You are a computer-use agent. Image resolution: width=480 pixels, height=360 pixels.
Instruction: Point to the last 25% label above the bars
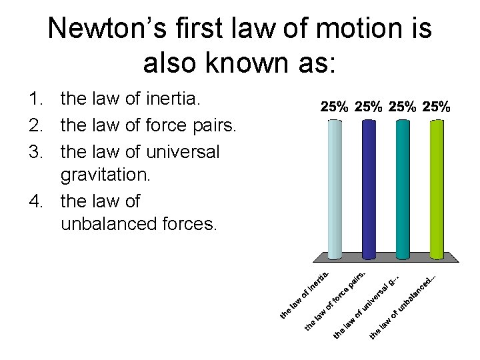(x=437, y=106)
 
